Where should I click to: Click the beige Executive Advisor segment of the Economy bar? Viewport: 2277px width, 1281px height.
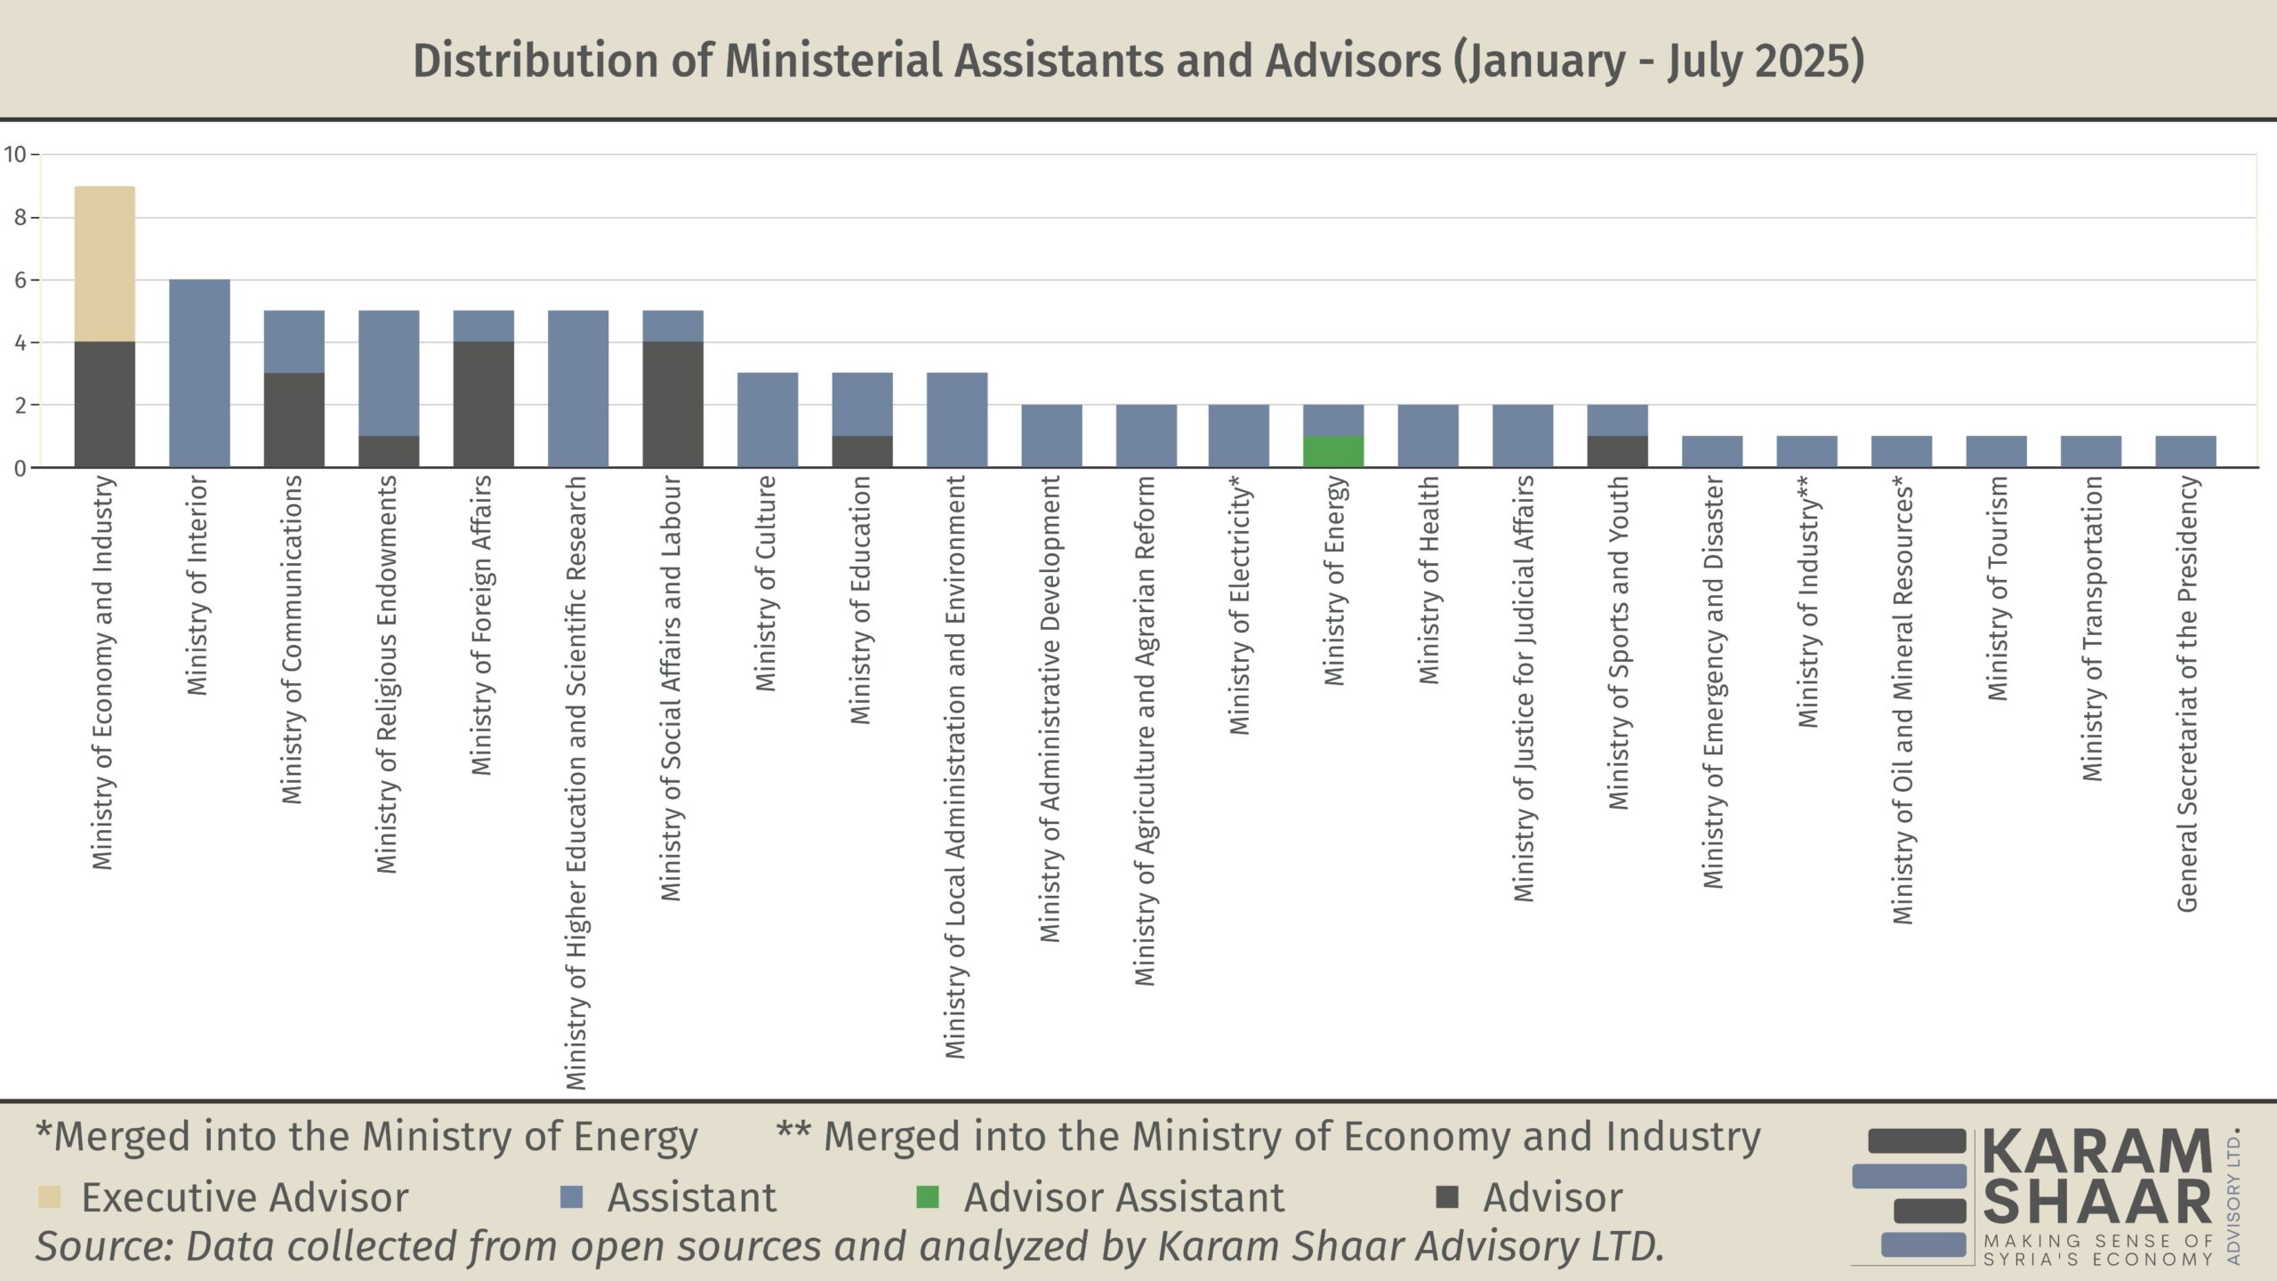pyautogui.click(x=105, y=264)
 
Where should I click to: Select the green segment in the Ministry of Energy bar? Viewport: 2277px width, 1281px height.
pyautogui.click(x=1332, y=452)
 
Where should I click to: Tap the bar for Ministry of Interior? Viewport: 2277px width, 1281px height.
pyautogui.click(x=199, y=374)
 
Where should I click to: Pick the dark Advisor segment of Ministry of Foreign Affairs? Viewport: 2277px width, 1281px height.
pyautogui.click(x=483, y=405)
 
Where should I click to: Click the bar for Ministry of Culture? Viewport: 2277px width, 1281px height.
pyautogui.click(x=768, y=420)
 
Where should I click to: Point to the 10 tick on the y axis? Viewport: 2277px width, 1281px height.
pyautogui.click(x=15, y=155)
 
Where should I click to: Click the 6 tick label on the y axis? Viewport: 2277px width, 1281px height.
pyautogui.click(x=20, y=280)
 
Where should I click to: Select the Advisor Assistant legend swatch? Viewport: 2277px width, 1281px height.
pyautogui.click(x=928, y=1197)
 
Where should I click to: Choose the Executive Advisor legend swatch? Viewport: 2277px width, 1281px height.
pyautogui.click(x=50, y=1197)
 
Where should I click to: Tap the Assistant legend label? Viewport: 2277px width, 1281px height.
pyautogui.click(x=691, y=1197)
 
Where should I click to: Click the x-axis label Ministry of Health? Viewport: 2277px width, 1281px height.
pyautogui.click(x=1428, y=580)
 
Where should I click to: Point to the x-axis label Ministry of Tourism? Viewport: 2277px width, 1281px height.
pyautogui.click(x=1998, y=589)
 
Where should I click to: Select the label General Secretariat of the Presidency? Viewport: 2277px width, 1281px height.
pyautogui.click(x=2187, y=694)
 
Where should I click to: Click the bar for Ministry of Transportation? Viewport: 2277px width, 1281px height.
pyautogui.click(x=2091, y=452)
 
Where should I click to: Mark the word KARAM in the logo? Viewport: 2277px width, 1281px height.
pyautogui.click(x=2096, y=1152)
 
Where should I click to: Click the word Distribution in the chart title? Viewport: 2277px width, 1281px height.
pyautogui.click(x=535, y=60)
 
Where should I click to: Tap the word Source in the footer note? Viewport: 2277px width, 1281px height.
pyautogui.click(x=102, y=1245)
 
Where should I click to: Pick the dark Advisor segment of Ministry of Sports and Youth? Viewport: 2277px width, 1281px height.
pyautogui.click(x=1617, y=452)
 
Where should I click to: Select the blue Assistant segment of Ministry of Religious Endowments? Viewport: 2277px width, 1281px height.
pyautogui.click(x=389, y=374)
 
